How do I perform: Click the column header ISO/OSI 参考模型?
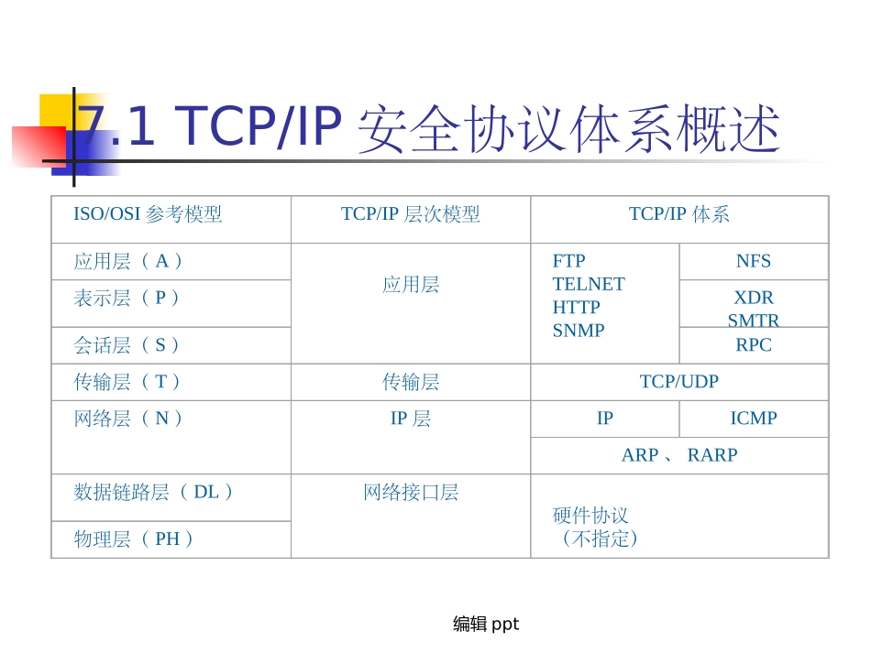click(x=148, y=214)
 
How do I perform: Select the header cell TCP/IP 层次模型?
click(x=411, y=214)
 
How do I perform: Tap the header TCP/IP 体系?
click(x=679, y=214)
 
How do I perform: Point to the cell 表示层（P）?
click(x=128, y=298)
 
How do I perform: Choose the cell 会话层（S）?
click(x=128, y=345)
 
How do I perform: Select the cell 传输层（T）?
click(x=129, y=382)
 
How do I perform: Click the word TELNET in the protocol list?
click(x=589, y=284)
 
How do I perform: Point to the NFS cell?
click(x=754, y=261)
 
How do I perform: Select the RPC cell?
click(x=754, y=345)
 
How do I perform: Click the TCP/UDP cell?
click(x=679, y=382)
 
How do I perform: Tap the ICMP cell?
click(x=754, y=419)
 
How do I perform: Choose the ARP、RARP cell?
click(x=679, y=455)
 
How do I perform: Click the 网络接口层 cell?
click(x=411, y=493)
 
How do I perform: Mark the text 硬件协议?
click(x=591, y=516)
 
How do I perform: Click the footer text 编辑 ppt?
click(x=486, y=625)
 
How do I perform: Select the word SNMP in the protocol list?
click(x=579, y=331)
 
